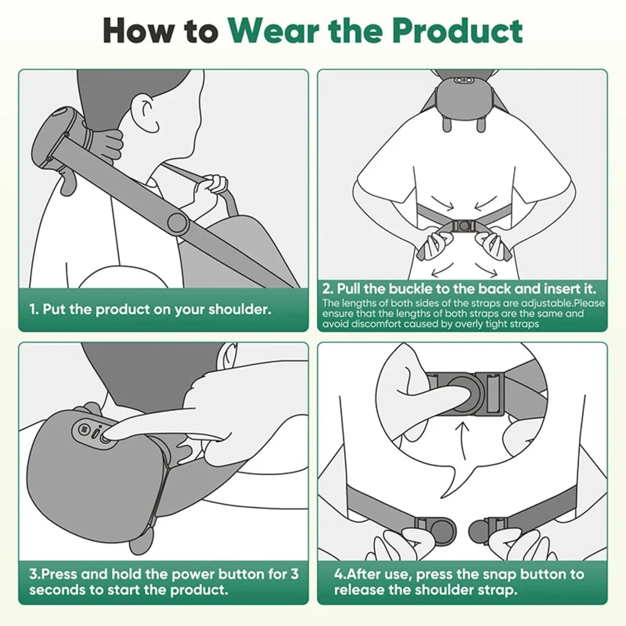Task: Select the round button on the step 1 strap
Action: [178, 222]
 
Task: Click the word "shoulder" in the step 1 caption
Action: [239, 309]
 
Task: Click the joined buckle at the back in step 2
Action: [463, 226]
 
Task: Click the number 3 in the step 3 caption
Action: [295, 575]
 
